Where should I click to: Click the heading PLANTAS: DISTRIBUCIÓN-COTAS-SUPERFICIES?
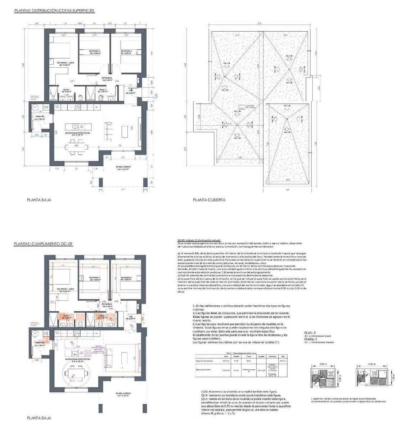coord(54,11)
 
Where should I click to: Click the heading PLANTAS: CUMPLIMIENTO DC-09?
coord(44,244)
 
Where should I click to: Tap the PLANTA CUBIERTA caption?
coord(209,200)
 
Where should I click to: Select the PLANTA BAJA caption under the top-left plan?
coord(39,200)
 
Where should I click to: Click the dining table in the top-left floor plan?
coord(76,147)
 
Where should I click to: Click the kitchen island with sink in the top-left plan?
coord(78,127)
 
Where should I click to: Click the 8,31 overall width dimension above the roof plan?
coord(260,24)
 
